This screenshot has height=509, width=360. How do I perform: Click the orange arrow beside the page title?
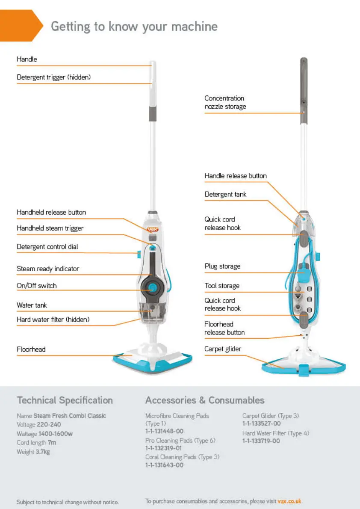(x=21, y=26)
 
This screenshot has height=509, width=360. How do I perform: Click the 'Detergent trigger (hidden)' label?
(x=53, y=77)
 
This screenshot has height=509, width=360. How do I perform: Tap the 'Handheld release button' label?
(x=51, y=212)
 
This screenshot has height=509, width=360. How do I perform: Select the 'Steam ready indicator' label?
(x=47, y=269)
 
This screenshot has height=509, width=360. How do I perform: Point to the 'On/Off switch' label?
(x=36, y=286)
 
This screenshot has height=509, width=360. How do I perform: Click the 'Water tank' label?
(x=32, y=305)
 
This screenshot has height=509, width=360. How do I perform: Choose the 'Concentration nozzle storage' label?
(x=225, y=103)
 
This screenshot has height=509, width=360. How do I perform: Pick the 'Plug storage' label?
(x=222, y=266)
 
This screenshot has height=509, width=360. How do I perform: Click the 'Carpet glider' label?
(x=222, y=349)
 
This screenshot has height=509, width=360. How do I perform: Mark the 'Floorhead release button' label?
(x=224, y=328)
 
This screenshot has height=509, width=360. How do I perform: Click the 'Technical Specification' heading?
(x=65, y=401)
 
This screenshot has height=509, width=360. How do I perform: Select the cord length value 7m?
(x=52, y=443)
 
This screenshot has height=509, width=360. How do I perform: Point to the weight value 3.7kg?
(x=42, y=452)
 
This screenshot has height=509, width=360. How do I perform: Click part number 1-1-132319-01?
(x=163, y=448)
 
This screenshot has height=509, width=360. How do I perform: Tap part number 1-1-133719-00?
(x=261, y=441)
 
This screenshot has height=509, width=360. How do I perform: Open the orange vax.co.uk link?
(x=289, y=501)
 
